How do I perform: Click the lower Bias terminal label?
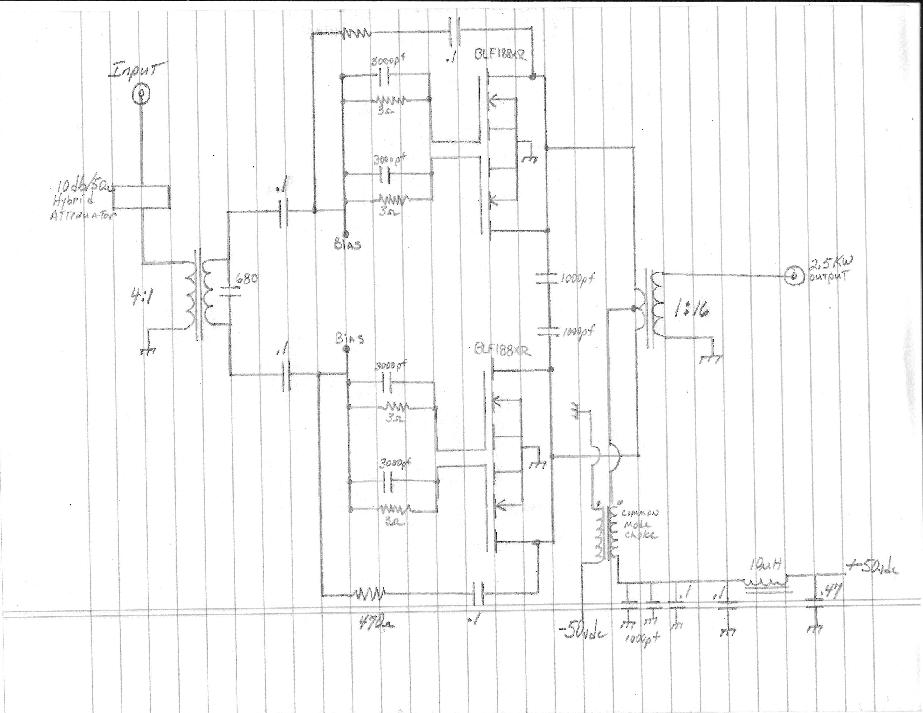pyautogui.click(x=349, y=339)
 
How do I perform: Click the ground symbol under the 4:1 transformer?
pyautogui.click(x=148, y=351)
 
